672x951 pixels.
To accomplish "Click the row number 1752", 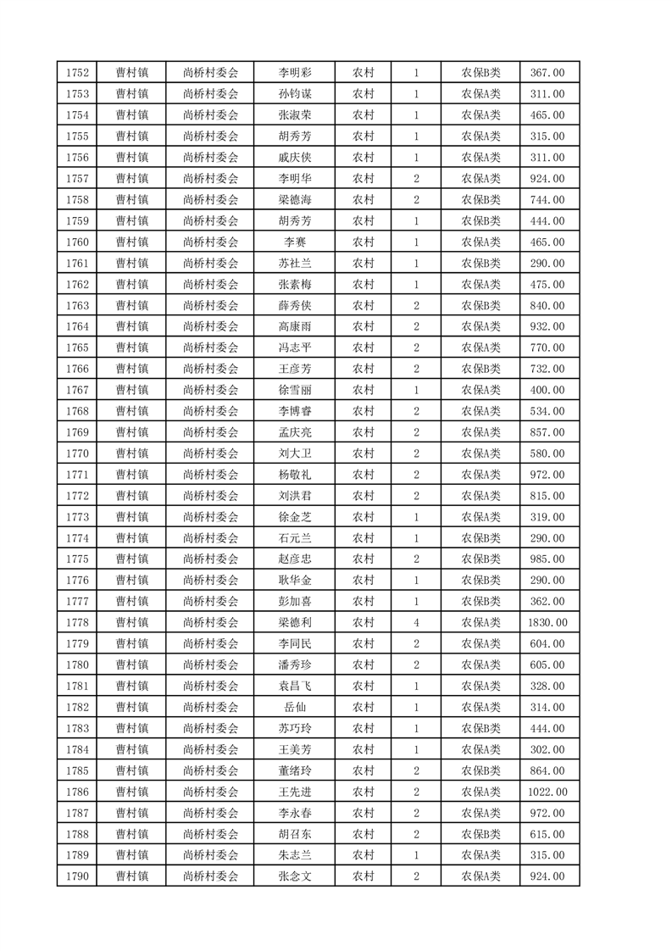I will point(76,73).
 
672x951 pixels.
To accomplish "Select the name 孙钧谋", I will point(294,94).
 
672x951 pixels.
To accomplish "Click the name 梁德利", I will point(294,623).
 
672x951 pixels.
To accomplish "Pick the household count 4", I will point(416,623).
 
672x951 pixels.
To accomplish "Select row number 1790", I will point(76,876).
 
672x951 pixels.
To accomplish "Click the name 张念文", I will point(294,876).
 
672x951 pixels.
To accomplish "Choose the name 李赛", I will point(294,242).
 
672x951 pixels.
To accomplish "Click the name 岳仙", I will point(294,708).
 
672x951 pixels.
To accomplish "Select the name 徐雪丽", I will point(294,390).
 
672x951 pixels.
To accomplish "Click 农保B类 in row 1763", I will point(480,306).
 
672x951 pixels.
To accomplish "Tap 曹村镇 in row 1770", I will point(132,453).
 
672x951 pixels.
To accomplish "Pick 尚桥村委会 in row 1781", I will point(211,687).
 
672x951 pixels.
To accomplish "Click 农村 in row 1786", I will point(364,792).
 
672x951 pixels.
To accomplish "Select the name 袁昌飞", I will point(294,687).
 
